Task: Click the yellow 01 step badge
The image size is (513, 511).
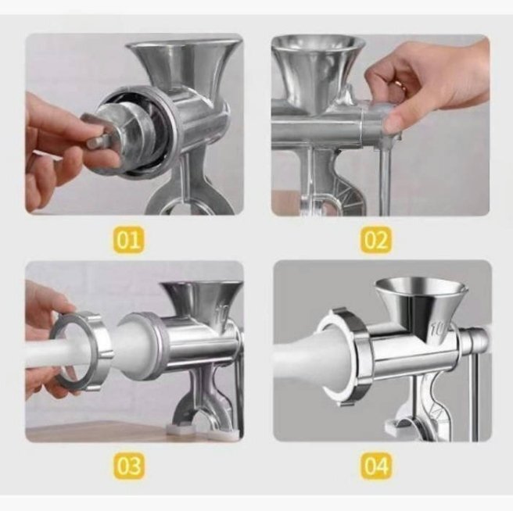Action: (x=128, y=241)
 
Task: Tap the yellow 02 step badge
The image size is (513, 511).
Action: (x=376, y=241)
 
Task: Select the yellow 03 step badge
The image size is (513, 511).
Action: (x=128, y=466)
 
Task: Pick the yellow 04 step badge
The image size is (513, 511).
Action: (x=376, y=466)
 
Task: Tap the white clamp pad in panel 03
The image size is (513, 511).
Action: (x=180, y=429)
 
